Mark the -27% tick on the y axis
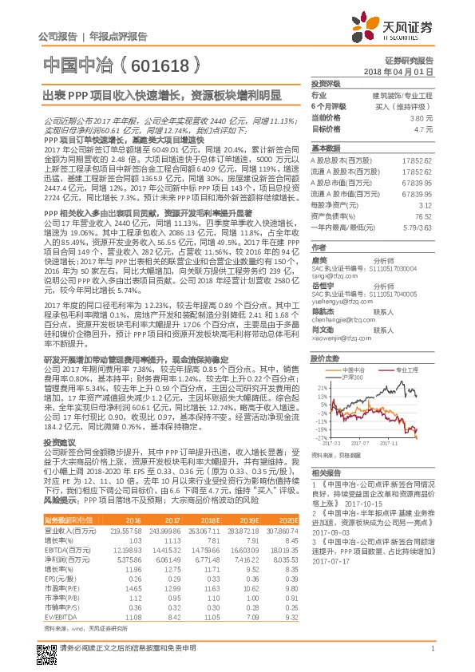319,437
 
